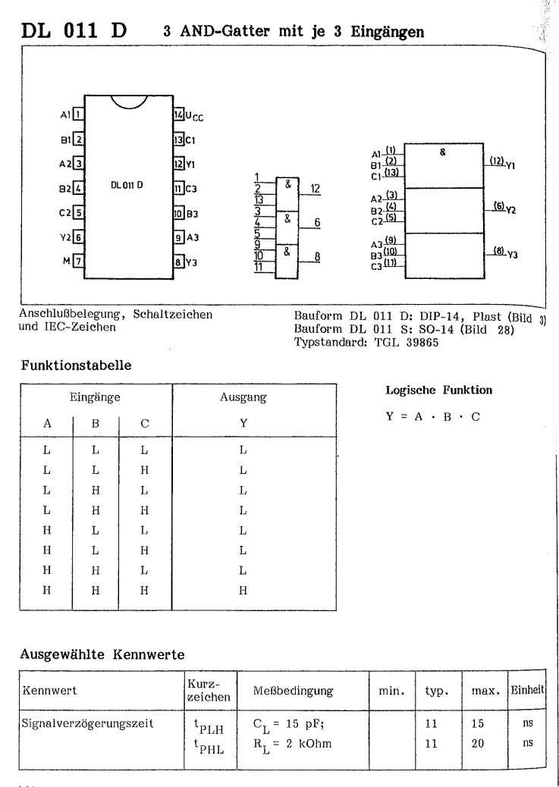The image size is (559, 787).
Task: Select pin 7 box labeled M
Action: click(x=77, y=262)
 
